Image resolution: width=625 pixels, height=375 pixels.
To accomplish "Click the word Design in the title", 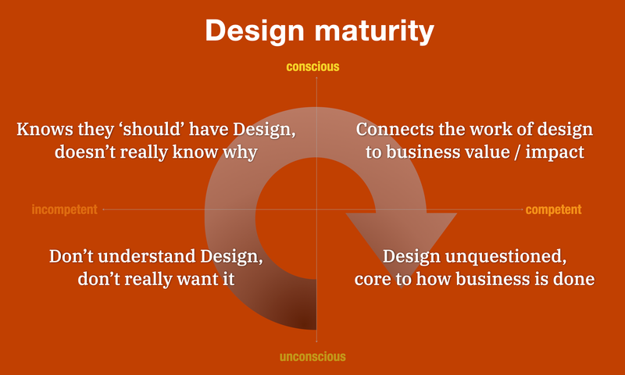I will (250, 31).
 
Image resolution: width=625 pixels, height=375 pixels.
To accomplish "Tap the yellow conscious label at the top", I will (312, 67).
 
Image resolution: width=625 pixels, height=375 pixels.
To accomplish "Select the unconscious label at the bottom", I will (312, 357).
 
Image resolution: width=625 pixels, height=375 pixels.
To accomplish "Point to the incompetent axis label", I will (64, 209).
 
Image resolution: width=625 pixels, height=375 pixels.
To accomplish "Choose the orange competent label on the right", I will (553, 209).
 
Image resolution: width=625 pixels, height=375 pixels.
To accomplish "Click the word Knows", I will (41, 129).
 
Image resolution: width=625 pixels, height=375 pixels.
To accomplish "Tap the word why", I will (240, 152).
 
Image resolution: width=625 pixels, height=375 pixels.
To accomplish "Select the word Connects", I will (391, 129).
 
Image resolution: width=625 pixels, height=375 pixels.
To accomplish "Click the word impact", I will (555, 152).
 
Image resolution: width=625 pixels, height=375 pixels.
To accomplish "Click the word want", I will (193, 279).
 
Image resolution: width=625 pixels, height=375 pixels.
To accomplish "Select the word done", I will (578, 279).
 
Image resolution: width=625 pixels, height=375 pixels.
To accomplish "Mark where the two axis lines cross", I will (316, 209).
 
